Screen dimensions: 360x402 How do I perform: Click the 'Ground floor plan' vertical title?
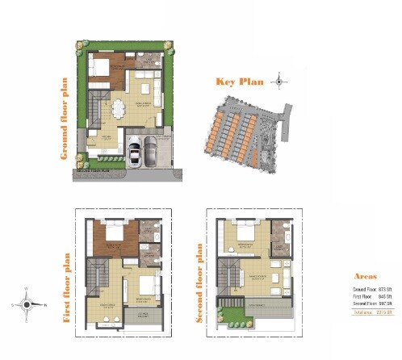tap(64, 119)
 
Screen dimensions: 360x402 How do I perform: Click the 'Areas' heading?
tap(366, 276)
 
